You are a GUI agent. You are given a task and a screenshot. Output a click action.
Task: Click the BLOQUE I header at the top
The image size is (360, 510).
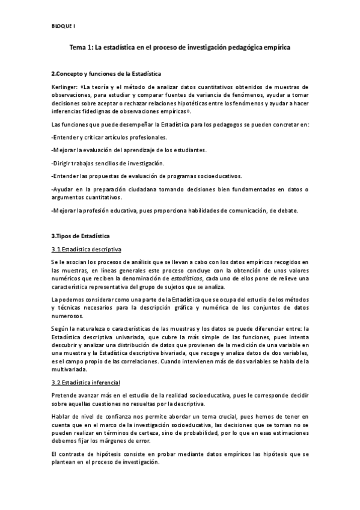pyautogui.click(x=63, y=25)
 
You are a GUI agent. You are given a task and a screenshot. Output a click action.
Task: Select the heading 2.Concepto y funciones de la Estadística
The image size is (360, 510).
pyautogui.click(x=106, y=73)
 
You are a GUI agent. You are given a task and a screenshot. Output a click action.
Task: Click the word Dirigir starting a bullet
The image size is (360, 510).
pyautogui.click(x=64, y=164)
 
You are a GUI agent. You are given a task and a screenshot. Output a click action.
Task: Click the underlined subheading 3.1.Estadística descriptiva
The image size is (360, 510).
pyautogui.click(x=87, y=249)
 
